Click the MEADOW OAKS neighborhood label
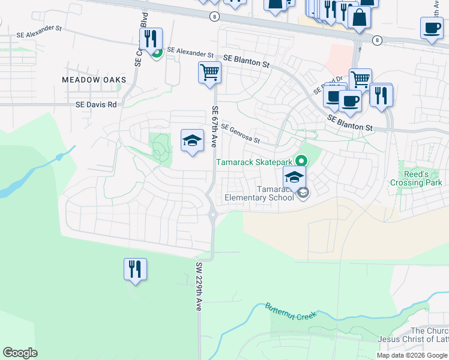pyautogui.click(x=94, y=80)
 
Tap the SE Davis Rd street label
pyautogui.click(x=96, y=104)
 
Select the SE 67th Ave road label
pyautogui.click(x=214, y=127)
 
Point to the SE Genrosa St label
pyautogui.click(x=240, y=134)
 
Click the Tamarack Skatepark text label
pyautogui.click(x=254, y=162)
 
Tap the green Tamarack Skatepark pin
pyautogui.click(x=301, y=161)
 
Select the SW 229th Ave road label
pyautogui.click(x=197, y=286)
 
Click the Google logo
pyautogui.click(x=20, y=353)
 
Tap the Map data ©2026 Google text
pyautogui.click(x=412, y=355)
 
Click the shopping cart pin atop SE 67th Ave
pyautogui.click(x=209, y=73)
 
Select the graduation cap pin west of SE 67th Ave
pyautogui.click(x=192, y=140)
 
